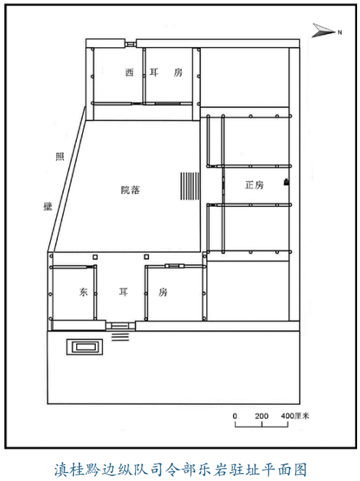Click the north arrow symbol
click(323, 30)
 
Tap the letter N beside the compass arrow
click(340, 32)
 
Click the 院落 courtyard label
click(131, 190)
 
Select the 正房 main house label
click(255, 185)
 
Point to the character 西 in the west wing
click(129, 73)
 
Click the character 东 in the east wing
click(83, 292)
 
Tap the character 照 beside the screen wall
click(60, 157)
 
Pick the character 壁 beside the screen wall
click(48, 206)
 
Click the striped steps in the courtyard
click(190, 186)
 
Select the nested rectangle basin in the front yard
click(85, 347)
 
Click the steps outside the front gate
click(120, 336)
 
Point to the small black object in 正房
click(286, 182)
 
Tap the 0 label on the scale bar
click(234, 416)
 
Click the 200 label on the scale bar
click(261, 416)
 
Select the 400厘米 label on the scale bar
click(295, 416)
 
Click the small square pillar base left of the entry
click(96, 257)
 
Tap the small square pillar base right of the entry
click(147, 257)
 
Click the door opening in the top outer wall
click(131, 44)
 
